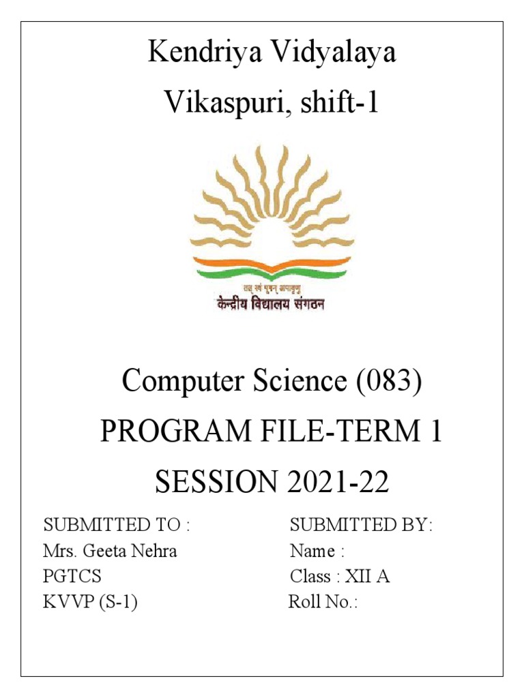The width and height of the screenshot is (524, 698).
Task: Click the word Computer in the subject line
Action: point(178,382)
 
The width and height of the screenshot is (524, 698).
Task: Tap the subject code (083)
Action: point(388,382)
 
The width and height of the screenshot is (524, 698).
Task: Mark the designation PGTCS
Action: point(72,577)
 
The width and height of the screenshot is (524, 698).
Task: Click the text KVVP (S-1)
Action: point(90,602)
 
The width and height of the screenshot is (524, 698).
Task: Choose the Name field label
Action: point(312,551)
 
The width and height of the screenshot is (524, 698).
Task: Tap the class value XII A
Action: point(368,577)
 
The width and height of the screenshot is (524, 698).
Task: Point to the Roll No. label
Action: point(323,602)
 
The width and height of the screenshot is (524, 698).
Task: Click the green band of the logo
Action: point(273,273)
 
